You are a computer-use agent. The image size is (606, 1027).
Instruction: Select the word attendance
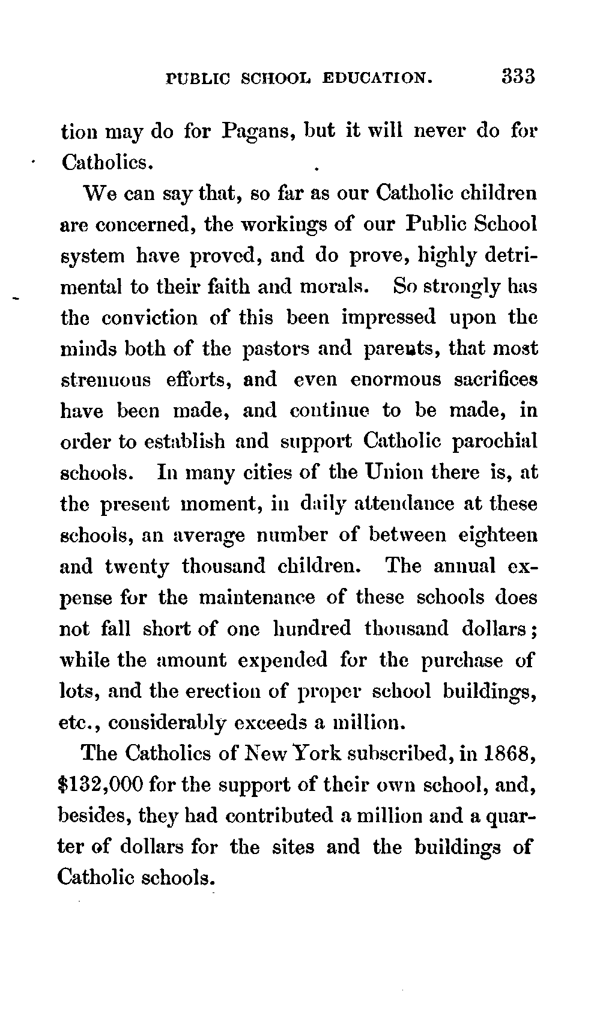pos(407,503)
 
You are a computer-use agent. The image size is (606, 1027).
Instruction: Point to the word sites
pos(294,847)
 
